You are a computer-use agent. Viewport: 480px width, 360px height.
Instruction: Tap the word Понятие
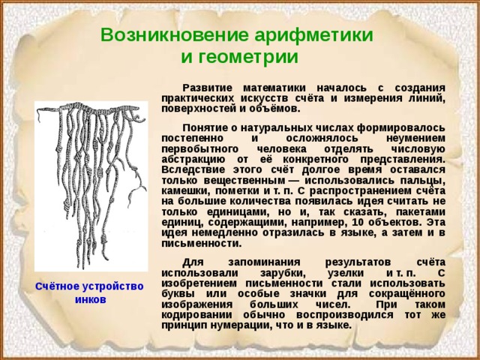click(x=208, y=128)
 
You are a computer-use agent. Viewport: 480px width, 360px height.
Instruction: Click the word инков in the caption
click(x=90, y=299)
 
